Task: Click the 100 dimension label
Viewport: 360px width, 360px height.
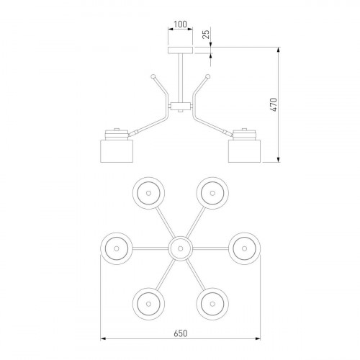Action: click(x=180, y=24)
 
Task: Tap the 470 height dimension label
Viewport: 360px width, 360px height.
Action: click(x=274, y=104)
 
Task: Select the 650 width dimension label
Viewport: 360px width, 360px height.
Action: click(x=181, y=333)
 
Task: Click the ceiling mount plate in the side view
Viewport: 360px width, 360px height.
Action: click(x=180, y=50)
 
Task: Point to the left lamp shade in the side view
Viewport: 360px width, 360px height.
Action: click(x=117, y=151)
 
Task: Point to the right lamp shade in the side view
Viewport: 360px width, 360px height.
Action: click(x=244, y=151)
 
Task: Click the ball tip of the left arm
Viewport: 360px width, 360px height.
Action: click(x=153, y=77)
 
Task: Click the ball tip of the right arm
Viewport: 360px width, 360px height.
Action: click(x=208, y=77)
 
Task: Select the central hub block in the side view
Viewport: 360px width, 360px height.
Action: click(x=181, y=106)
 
